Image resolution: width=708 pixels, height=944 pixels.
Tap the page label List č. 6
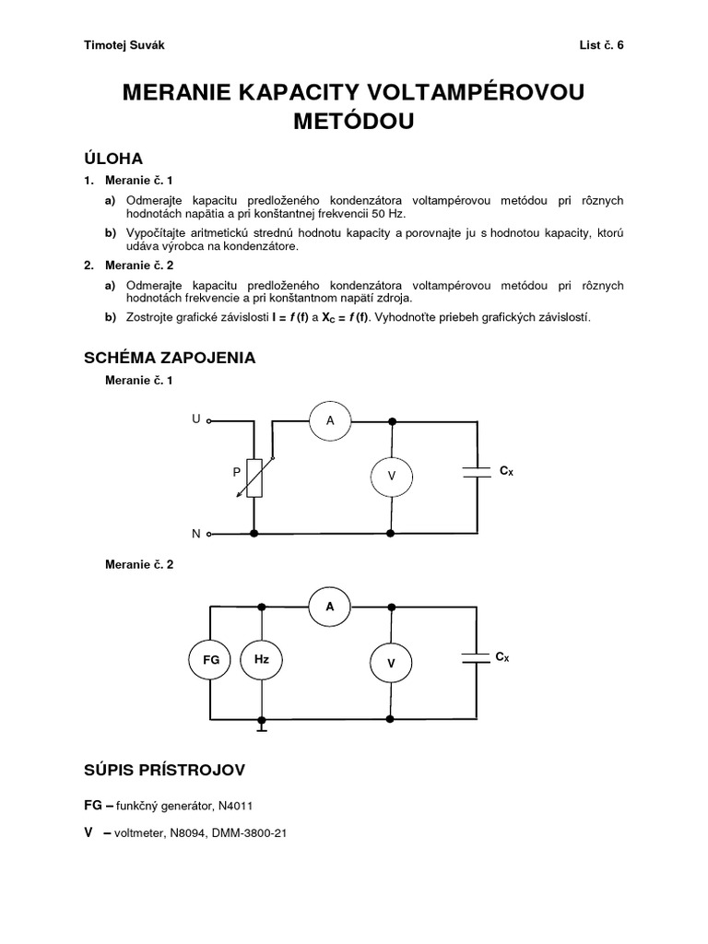click(601, 44)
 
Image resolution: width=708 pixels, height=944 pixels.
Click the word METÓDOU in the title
click(353, 121)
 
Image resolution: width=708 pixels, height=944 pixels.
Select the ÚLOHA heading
click(113, 158)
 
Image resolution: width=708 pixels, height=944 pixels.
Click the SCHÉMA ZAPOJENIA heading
click(170, 357)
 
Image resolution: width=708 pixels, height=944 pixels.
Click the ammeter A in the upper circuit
click(330, 421)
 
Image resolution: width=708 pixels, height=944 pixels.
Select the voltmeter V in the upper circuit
click(391, 476)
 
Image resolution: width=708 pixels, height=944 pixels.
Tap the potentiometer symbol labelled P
click(255, 478)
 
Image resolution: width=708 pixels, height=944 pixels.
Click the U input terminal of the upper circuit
click(209, 420)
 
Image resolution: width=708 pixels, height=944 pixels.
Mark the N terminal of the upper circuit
click(209, 534)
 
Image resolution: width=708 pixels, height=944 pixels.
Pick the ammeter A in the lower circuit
click(330, 606)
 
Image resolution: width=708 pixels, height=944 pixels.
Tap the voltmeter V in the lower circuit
click(391, 663)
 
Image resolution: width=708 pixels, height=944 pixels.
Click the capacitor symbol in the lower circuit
click(478, 657)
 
